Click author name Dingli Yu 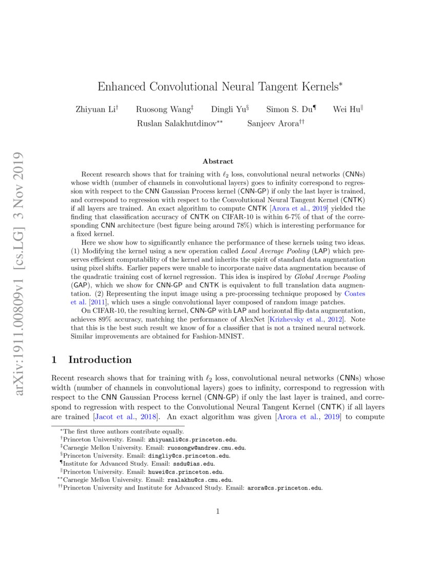[x=229, y=109]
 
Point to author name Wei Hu [x=346, y=109]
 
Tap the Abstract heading [x=218, y=161]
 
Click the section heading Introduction [x=100, y=360]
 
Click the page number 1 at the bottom [x=218, y=511]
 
